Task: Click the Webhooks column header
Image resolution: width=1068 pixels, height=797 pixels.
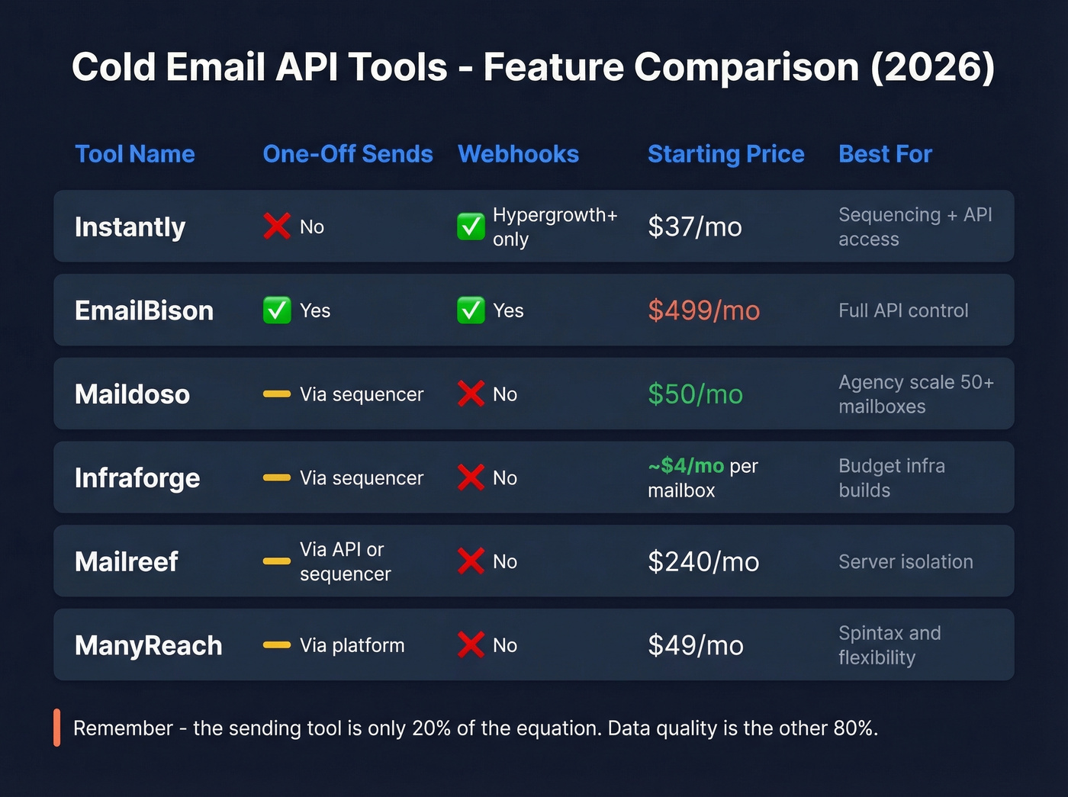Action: point(518,154)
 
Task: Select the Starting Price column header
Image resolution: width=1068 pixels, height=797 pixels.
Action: point(725,154)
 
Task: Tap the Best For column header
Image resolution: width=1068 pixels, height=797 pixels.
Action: point(885,154)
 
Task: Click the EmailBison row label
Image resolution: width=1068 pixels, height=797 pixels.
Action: point(144,310)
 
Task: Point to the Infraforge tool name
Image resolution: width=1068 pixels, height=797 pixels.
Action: point(137,478)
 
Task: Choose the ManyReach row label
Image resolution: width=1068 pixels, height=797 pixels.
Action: point(149,645)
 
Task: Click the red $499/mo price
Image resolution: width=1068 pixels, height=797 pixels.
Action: point(703,310)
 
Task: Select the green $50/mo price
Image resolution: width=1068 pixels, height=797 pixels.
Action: point(695,394)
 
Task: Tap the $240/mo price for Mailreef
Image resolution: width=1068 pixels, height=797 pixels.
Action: point(703,562)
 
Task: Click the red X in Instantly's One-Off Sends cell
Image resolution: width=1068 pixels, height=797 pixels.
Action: point(277,227)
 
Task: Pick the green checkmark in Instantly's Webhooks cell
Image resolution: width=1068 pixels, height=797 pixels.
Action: point(471,227)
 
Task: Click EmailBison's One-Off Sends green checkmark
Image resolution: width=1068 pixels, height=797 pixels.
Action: point(277,310)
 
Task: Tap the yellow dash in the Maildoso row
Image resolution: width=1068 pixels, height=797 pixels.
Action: point(277,394)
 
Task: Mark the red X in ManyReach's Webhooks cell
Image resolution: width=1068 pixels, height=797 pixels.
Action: point(471,645)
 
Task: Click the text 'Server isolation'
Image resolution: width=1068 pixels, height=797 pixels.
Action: point(906,562)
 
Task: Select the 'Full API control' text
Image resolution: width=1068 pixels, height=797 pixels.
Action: point(903,310)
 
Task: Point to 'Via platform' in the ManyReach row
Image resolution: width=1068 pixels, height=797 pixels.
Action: point(352,645)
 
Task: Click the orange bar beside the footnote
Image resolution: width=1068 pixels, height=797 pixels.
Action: point(57,728)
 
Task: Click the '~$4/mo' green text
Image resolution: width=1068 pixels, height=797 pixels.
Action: point(686,465)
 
